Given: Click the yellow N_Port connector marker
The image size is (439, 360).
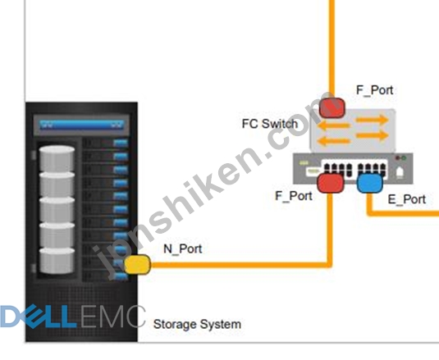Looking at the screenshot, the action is [137, 264].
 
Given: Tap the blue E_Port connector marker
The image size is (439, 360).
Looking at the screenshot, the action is [370, 183].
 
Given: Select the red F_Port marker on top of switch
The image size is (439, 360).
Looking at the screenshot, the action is [332, 107].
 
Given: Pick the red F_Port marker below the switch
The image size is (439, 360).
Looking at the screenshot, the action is [331, 183].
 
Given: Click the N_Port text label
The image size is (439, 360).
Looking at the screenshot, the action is [182, 248].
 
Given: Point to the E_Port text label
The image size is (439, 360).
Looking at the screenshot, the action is [407, 199].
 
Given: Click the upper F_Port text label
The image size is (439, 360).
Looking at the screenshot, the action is [375, 90].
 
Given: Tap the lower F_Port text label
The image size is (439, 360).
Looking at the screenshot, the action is [294, 196].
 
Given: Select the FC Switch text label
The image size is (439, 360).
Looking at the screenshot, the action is [270, 124].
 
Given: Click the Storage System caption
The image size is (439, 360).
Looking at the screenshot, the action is [198, 324].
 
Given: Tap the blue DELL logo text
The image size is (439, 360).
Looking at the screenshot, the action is [38, 317].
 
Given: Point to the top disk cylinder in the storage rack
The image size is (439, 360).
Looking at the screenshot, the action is [57, 158].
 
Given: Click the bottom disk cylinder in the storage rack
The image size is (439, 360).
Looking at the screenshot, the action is [57, 261].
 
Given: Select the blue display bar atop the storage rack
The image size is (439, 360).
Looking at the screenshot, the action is [82, 125].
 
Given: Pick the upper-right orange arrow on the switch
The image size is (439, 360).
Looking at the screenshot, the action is [372, 120].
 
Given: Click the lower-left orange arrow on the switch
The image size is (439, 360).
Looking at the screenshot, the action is [334, 140].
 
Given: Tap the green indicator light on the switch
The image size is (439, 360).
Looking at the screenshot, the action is [404, 158].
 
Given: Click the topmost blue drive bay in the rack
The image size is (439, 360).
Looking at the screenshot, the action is [121, 144].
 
